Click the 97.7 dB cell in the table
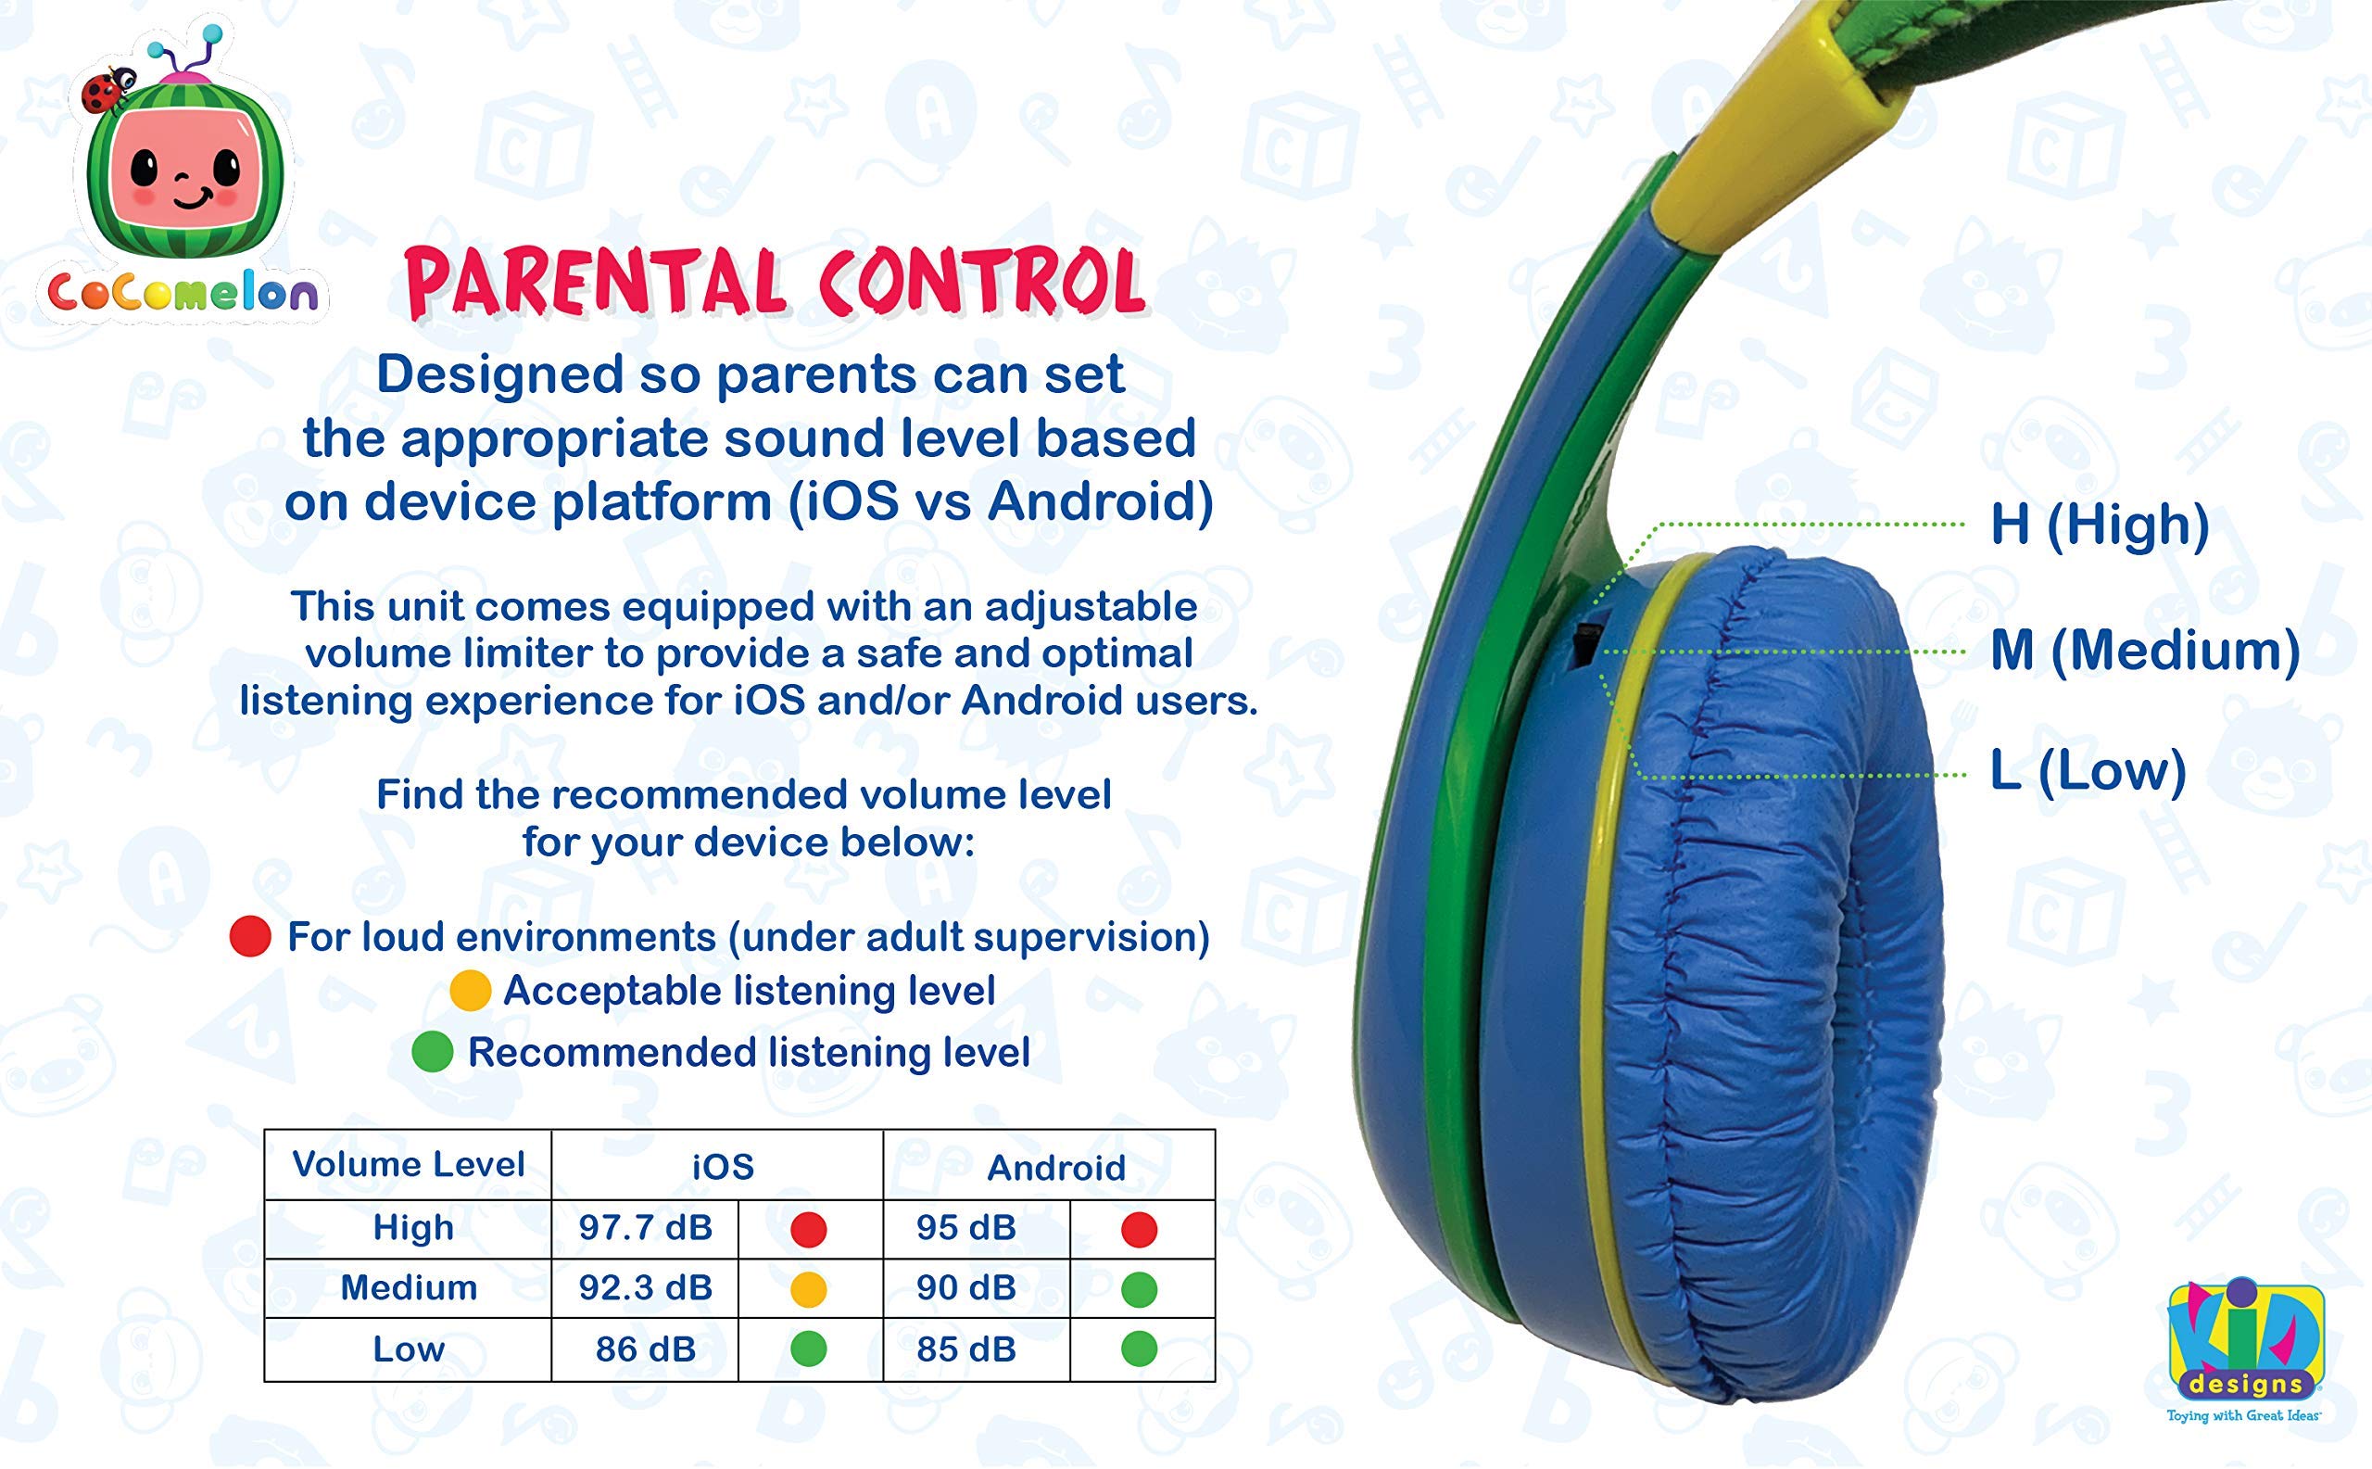click(645, 1228)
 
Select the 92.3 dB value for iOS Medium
click(645, 1288)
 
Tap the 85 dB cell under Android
click(965, 1349)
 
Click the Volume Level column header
click(408, 1164)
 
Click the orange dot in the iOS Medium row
click(808, 1289)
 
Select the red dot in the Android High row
click(1139, 1229)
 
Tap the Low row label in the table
click(408, 1349)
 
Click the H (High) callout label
click(2099, 525)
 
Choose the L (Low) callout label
click(2088, 771)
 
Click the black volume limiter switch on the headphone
click(1584, 646)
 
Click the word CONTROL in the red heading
click(981, 282)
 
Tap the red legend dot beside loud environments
click(249, 937)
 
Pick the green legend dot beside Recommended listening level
click(433, 1052)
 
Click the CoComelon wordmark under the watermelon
click(183, 293)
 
